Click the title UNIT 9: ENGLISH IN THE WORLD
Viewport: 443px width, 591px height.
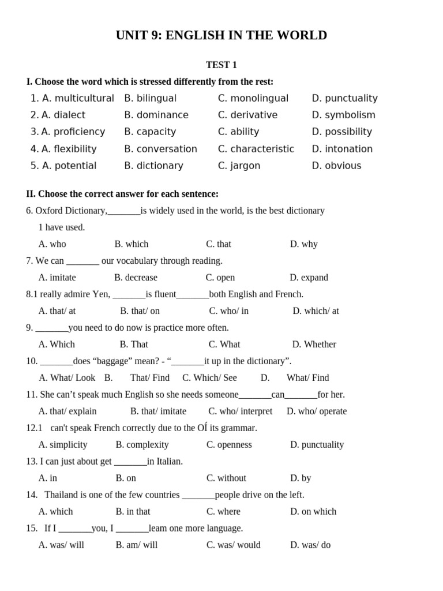click(221, 36)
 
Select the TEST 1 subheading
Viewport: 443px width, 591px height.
click(221, 65)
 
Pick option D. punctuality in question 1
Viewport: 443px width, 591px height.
click(344, 98)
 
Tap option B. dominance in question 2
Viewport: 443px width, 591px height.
click(156, 115)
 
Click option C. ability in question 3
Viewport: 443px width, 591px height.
click(238, 132)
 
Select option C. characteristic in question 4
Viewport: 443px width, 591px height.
click(256, 149)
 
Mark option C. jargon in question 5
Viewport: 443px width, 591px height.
click(239, 166)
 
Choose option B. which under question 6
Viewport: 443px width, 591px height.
click(131, 244)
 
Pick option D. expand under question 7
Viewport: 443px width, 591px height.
click(309, 278)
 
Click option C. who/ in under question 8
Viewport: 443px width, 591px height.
click(228, 311)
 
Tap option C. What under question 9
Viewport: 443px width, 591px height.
click(224, 345)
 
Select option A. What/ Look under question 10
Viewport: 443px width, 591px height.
click(67, 378)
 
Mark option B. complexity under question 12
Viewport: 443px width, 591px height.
click(142, 445)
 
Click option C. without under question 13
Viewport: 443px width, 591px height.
click(226, 478)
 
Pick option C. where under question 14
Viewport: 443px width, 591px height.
click(223, 512)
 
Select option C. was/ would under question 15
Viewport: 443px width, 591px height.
click(233, 545)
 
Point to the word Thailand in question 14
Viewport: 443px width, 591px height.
click(63, 495)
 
